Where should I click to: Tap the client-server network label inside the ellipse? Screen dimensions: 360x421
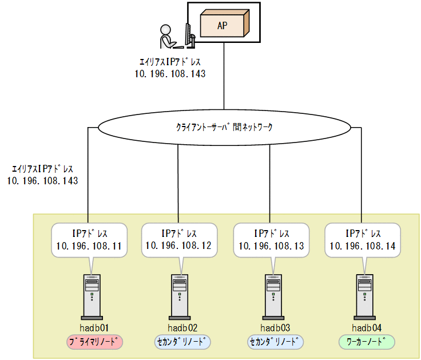pos(224,127)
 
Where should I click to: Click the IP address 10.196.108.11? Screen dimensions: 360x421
pos(89,246)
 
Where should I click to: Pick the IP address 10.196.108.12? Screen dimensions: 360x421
pos(178,246)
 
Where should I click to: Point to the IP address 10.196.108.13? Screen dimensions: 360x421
pos(271,246)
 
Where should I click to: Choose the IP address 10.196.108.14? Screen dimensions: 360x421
pos(362,246)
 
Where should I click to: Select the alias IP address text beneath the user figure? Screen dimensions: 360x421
pos(170,74)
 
